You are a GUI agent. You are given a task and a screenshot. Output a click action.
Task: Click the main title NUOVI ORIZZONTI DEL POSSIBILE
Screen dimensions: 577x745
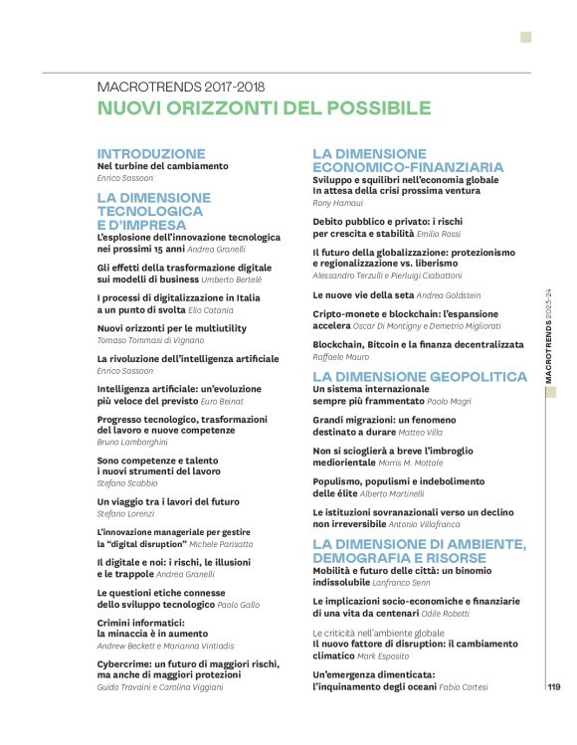coord(264,108)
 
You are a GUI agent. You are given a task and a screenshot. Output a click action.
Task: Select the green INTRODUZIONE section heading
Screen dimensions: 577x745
coord(151,154)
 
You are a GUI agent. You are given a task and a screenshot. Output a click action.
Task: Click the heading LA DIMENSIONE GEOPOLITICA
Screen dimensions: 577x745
coord(419,377)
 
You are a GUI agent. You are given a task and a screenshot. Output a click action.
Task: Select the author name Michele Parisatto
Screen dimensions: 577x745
coord(222,544)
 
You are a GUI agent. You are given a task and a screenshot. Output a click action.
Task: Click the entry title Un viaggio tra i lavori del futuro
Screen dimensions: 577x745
coord(168,502)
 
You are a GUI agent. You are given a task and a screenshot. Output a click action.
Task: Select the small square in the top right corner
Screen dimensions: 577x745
coord(525,37)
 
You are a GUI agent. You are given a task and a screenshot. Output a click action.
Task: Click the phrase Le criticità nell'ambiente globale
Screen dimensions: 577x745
coord(378,633)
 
